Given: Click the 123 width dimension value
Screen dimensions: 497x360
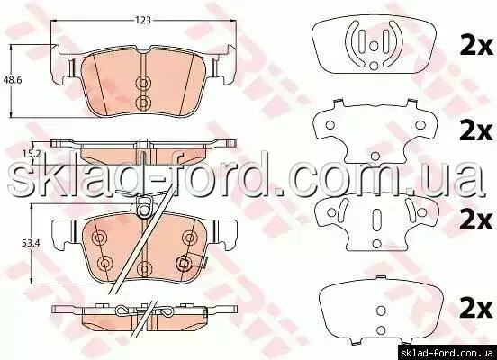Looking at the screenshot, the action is click(x=143, y=21).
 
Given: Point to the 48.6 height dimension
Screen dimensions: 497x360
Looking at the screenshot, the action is click(x=13, y=80).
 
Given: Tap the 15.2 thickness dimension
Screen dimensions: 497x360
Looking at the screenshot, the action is click(x=32, y=154).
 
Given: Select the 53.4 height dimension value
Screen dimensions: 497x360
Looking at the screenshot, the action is click(x=30, y=243).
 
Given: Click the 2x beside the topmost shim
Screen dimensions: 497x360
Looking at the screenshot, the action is click(x=476, y=47).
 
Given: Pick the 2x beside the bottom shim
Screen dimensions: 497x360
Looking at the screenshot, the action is click(x=476, y=309).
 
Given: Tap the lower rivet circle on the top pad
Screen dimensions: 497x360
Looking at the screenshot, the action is click(x=143, y=102).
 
